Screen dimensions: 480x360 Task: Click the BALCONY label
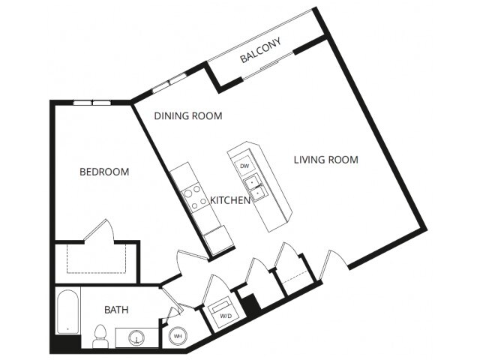(x=260, y=50)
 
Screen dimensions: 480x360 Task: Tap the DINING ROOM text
(x=188, y=116)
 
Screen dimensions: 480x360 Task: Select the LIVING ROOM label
(x=326, y=160)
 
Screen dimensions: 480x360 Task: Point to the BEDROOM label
(x=104, y=172)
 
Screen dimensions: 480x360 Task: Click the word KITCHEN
(x=230, y=200)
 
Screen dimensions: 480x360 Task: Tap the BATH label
(x=116, y=310)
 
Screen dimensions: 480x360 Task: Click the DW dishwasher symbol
(x=244, y=166)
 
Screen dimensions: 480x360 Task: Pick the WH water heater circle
(x=178, y=336)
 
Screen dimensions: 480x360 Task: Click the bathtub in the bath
(x=67, y=311)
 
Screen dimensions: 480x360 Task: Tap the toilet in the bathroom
(x=100, y=336)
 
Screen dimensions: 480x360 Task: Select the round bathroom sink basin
(x=136, y=337)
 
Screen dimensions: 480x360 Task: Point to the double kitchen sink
(x=256, y=187)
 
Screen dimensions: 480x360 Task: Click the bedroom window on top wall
(x=91, y=103)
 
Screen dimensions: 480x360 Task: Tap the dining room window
(x=169, y=82)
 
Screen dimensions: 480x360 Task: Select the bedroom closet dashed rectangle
(x=96, y=259)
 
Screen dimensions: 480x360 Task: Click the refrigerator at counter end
(x=218, y=240)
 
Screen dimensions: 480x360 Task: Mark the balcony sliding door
(x=268, y=66)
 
